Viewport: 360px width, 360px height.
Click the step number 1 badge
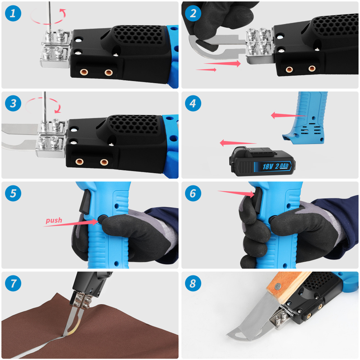(x=13, y=14)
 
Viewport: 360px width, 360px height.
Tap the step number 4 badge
(x=193, y=104)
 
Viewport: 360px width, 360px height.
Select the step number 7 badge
(x=13, y=283)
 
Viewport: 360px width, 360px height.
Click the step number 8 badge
(x=193, y=283)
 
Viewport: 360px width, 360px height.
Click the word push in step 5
(x=54, y=220)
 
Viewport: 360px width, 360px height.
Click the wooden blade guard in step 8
(x=284, y=288)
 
